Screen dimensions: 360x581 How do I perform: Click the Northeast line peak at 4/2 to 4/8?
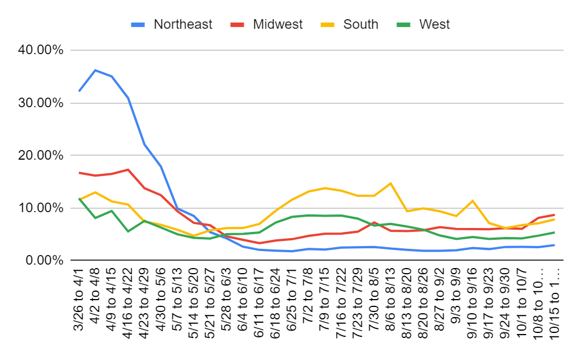[95, 70]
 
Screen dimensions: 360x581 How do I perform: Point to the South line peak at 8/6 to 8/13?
[390, 183]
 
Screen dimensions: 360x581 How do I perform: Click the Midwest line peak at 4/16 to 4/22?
[128, 169]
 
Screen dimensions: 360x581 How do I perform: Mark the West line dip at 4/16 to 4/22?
[128, 231]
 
